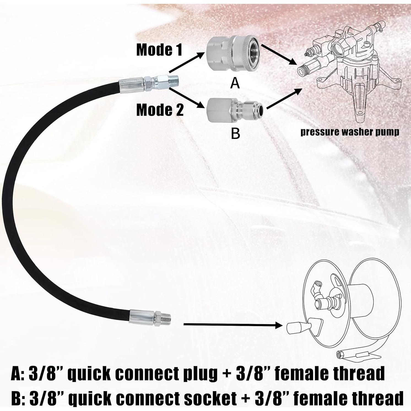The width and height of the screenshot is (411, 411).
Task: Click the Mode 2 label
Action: [x=160, y=110]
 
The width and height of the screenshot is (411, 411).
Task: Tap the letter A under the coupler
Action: [x=235, y=83]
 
